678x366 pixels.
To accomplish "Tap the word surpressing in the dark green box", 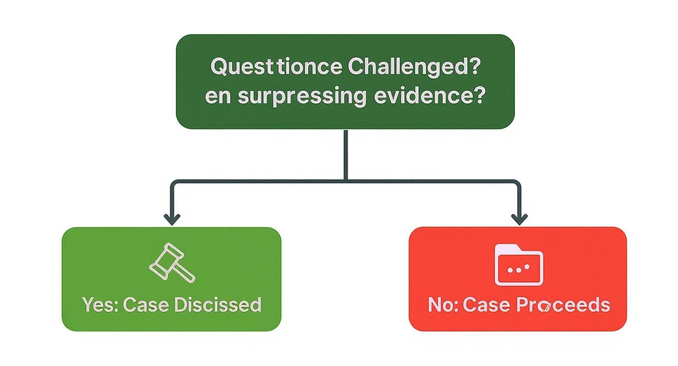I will tap(301, 96).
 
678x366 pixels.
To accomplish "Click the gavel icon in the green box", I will tap(171, 263).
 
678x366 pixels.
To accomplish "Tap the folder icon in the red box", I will tap(519, 264).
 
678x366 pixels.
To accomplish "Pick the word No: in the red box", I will tap(443, 305).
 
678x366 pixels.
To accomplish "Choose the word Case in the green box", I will tap(146, 305).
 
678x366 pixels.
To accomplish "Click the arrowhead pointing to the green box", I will tap(171, 220).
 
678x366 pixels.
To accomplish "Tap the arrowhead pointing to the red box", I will tap(519, 220).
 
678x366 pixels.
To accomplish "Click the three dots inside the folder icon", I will tap(518, 269).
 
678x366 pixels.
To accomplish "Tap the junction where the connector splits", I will tap(345, 182).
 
